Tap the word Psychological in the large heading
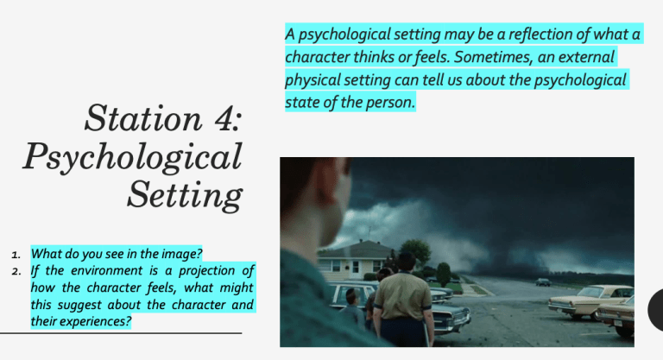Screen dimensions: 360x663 click(x=132, y=156)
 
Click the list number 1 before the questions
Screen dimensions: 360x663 click(x=16, y=256)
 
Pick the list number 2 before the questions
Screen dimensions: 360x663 click(x=16, y=271)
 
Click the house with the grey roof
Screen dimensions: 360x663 click(x=357, y=258)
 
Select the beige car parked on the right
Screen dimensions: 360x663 click(x=590, y=301)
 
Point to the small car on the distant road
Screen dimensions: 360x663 click(x=543, y=281)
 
